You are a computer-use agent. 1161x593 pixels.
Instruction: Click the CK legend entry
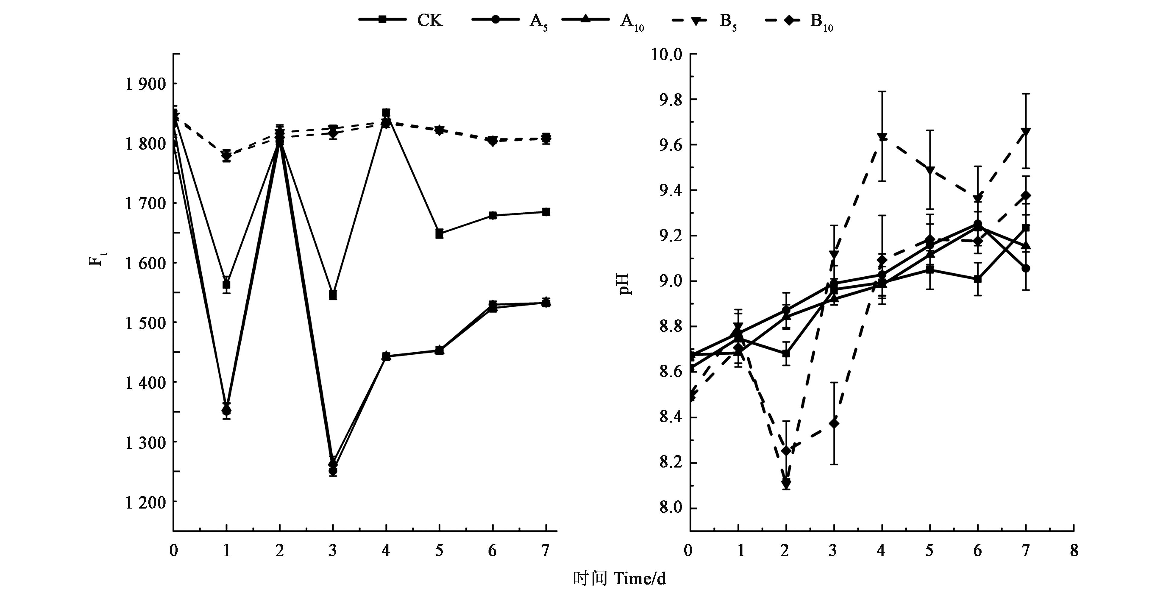(x=401, y=20)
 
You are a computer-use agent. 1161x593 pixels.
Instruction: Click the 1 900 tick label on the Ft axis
(x=145, y=84)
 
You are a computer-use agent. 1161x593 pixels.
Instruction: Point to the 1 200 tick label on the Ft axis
(x=145, y=502)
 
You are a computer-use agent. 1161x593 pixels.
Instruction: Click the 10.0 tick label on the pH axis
(x=666, y=55)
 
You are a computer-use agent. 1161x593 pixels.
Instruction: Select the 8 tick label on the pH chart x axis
(x=1074, y=550)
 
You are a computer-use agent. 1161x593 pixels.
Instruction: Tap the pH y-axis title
(x=625, y=284)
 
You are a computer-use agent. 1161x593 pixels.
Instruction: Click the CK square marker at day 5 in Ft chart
(x=439, y=233)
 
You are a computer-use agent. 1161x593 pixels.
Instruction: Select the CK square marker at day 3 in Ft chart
(x=333, y=295)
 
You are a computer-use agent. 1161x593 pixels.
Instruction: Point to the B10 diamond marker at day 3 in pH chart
(x=834, y=423)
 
